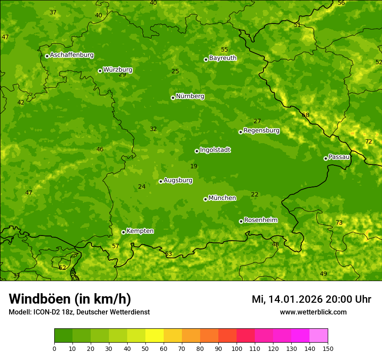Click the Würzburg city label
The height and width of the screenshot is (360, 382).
117,69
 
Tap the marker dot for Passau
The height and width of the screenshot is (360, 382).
326,158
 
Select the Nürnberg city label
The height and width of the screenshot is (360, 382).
190,96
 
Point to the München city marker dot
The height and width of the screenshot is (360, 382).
205,199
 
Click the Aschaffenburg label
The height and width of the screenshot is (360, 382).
72,55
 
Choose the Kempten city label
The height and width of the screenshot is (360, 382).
140,231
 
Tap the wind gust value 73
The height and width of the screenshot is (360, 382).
339,223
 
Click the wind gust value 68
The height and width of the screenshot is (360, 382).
306,115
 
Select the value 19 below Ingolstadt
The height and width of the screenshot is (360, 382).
194,166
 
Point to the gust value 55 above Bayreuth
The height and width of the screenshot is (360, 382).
224,49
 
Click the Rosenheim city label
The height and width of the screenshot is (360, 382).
260,220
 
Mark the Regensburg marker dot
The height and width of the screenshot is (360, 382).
240,132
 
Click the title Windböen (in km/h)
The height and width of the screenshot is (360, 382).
69,299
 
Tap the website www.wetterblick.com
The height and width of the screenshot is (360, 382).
313,312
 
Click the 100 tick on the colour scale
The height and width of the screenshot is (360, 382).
237,348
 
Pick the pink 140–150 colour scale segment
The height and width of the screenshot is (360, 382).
319,336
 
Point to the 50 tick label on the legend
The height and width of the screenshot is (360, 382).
145,348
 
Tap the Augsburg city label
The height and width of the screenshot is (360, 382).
178,180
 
